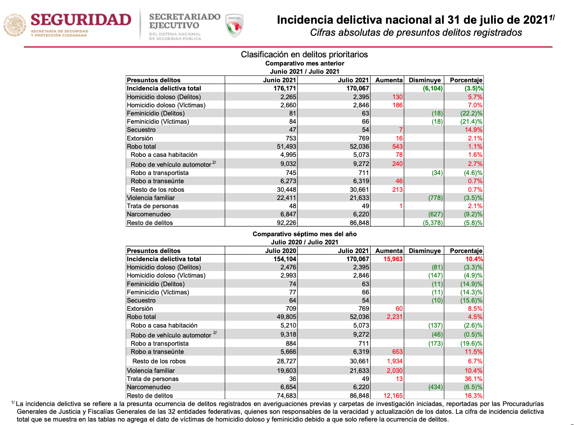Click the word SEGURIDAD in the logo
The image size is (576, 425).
[x=81, y=20]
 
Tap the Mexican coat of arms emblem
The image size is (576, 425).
[x=15, y=25]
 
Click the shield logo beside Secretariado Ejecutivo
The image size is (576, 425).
[x=234, y=25]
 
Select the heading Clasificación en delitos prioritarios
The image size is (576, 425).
[x=304, y=54]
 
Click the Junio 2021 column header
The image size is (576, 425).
[x=279, y=80]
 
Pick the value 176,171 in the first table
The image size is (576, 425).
[x=285, y=88]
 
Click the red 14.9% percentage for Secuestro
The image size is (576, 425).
[x=474, y=130]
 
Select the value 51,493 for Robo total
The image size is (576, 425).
[x=286, y=147]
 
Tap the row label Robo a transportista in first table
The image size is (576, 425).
[x=159, y=173]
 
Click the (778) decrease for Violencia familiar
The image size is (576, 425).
[x=436, y=198]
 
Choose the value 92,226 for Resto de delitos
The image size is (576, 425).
[x=286, y=223]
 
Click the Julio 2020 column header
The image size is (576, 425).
[x=281, y=251]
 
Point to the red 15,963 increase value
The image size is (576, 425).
[x=393, y=259]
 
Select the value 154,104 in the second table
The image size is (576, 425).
[x=285, y=259]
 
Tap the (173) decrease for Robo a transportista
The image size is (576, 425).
[x=436, y=344]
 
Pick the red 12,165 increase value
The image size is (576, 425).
[x=393, y=395]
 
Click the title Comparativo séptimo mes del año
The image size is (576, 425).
[x=304, y=234]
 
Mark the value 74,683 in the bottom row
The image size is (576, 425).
[x=286, y=395]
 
